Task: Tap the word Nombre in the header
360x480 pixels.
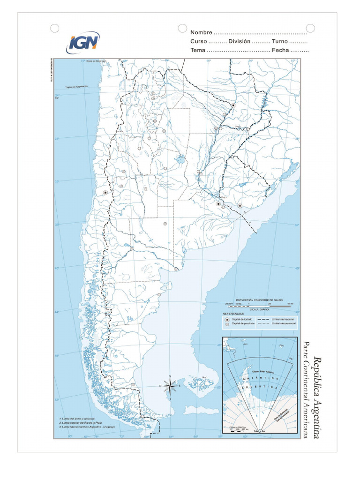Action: pos(201,32)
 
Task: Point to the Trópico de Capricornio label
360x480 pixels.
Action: pos(76,87)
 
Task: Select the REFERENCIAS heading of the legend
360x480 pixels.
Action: pos(233,313)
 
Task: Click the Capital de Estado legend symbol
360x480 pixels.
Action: pos(227,319)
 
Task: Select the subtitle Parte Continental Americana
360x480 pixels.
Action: pos(307,390)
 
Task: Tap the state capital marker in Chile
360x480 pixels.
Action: pos(105,193)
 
